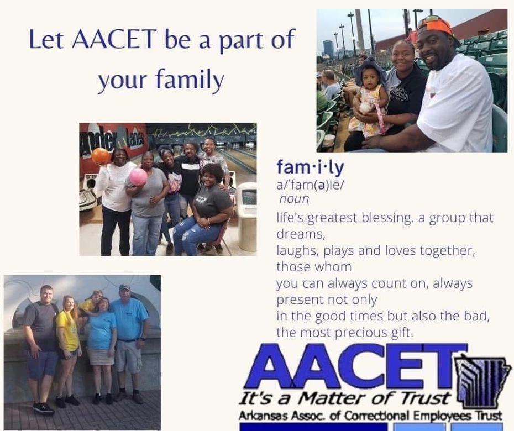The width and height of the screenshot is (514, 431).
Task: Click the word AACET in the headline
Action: point(114,39)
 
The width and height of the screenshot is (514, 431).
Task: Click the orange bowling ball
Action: point(100,156)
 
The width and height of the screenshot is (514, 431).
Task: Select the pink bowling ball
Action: point(138,177)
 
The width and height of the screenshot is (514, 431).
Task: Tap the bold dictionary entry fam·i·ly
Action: point(310,167)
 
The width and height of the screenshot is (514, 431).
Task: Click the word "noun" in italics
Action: point(294,199)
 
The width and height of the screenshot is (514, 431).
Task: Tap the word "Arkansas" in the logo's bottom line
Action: point(264,416)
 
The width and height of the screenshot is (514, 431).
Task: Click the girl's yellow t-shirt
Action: point(68,332)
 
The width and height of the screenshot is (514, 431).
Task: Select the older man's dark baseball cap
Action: point(124,287)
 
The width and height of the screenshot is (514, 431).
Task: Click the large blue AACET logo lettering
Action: point(356,366)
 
